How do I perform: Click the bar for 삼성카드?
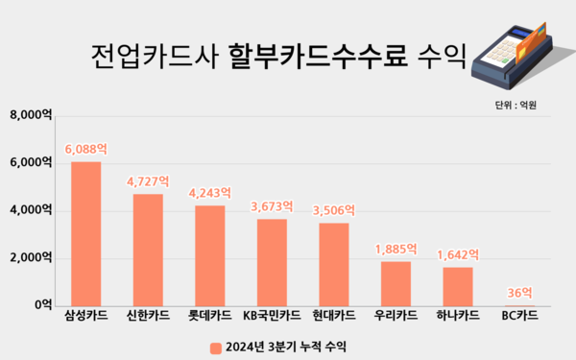click(85, 233)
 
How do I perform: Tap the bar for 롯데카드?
click(210, 255)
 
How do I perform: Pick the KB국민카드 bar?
click(272, 262)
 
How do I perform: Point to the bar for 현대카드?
click(334, 264)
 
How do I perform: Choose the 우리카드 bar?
click(396, 283)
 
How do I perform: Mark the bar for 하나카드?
click(458, 286)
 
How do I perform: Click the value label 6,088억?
click(85, 150)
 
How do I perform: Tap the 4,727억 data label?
click(148, 181)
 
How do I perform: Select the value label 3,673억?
click(272, 206)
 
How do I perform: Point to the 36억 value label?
click(519, 293)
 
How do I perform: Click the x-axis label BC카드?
click(519, 316)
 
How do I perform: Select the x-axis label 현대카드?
click(334, 316)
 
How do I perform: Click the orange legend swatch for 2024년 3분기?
click(215, 345)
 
